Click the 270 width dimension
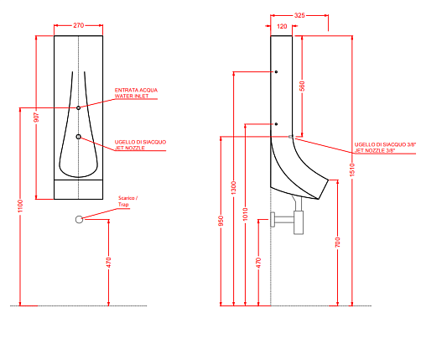point(79,25)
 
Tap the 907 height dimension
point(36,117)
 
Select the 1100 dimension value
point(20,206)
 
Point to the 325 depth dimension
point(299,15)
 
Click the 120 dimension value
point(282,26)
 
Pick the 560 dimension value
point(302,86)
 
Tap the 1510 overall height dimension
point(352,170)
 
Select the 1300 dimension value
point(234,188)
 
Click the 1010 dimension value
point(245,214)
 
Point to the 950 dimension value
point(221,221)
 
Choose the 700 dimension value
point(338,242)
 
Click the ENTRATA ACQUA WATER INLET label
point(136,93)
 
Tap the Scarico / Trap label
point(127,201)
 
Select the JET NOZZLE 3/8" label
point(374,151)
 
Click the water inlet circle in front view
point(79,107)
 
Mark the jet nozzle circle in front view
point(79,137)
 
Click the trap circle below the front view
point(80,220)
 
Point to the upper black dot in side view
point(276,72)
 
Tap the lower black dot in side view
point(276,124)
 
